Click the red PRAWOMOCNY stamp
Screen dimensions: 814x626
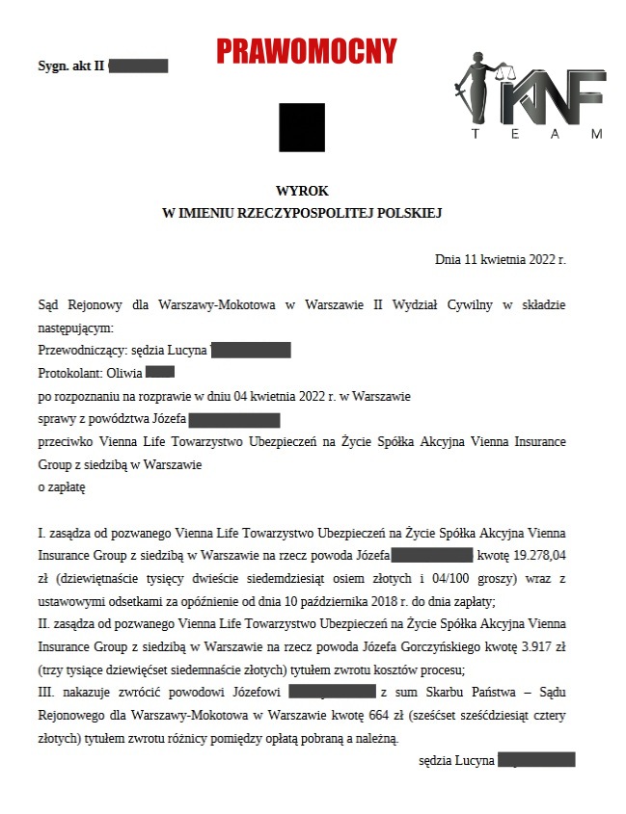[x=307, y=50]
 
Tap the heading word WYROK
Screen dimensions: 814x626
[x=302, y=192]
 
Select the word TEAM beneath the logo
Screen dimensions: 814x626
[x=538, y=134]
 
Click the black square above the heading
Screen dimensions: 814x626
[x=302, y=127]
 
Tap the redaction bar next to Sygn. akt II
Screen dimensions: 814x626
[x=139, y=66]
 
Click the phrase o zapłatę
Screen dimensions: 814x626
[x=62, y=487]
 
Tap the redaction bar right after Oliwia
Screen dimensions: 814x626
[x=160, y=372]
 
